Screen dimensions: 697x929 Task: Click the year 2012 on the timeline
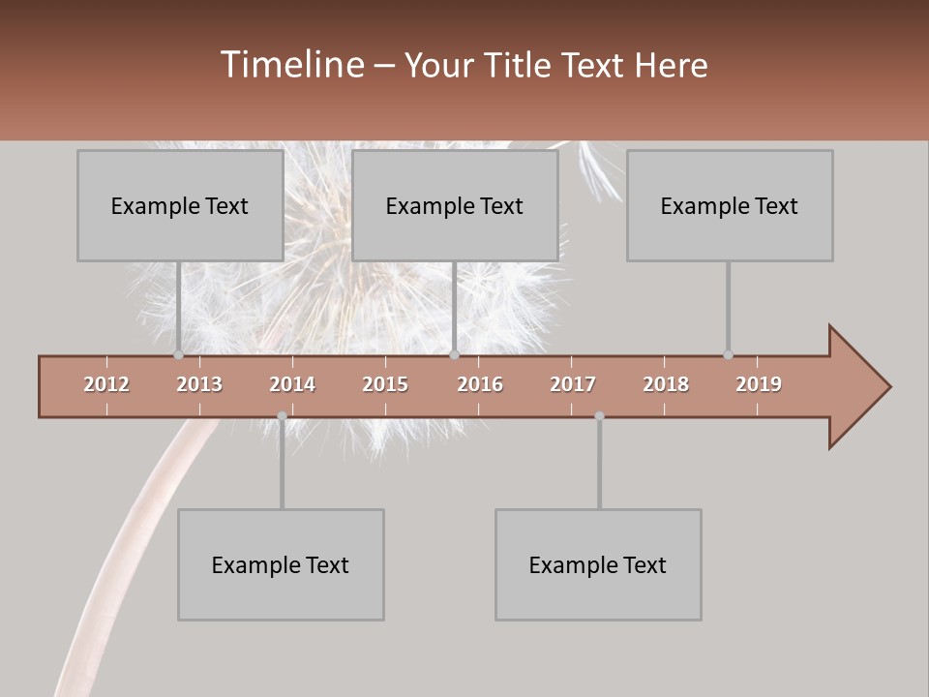(106, 384)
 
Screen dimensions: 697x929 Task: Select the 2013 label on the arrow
(199, 384)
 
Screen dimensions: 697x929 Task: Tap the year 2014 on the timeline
(292, 384)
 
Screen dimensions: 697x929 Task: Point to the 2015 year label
(385, 384)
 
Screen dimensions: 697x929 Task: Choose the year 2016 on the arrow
(480, 384)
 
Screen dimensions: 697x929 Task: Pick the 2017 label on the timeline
(573, 384)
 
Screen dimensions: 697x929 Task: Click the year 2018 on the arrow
(666, 384)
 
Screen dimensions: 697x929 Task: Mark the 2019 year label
(759, 384)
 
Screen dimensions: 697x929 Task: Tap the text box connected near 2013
(180, 205)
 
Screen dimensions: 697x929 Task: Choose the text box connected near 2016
(455, 205)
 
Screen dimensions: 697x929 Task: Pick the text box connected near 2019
(730, 205)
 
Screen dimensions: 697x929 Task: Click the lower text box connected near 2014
(281, 564)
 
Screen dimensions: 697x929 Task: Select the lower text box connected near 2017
(598, 564)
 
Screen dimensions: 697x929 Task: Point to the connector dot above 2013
(178, 354)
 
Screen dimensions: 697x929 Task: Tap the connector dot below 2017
(599, 416)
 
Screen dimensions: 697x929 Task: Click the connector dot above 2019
(728, 354)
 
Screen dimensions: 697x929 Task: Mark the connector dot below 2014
(282, 416)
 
